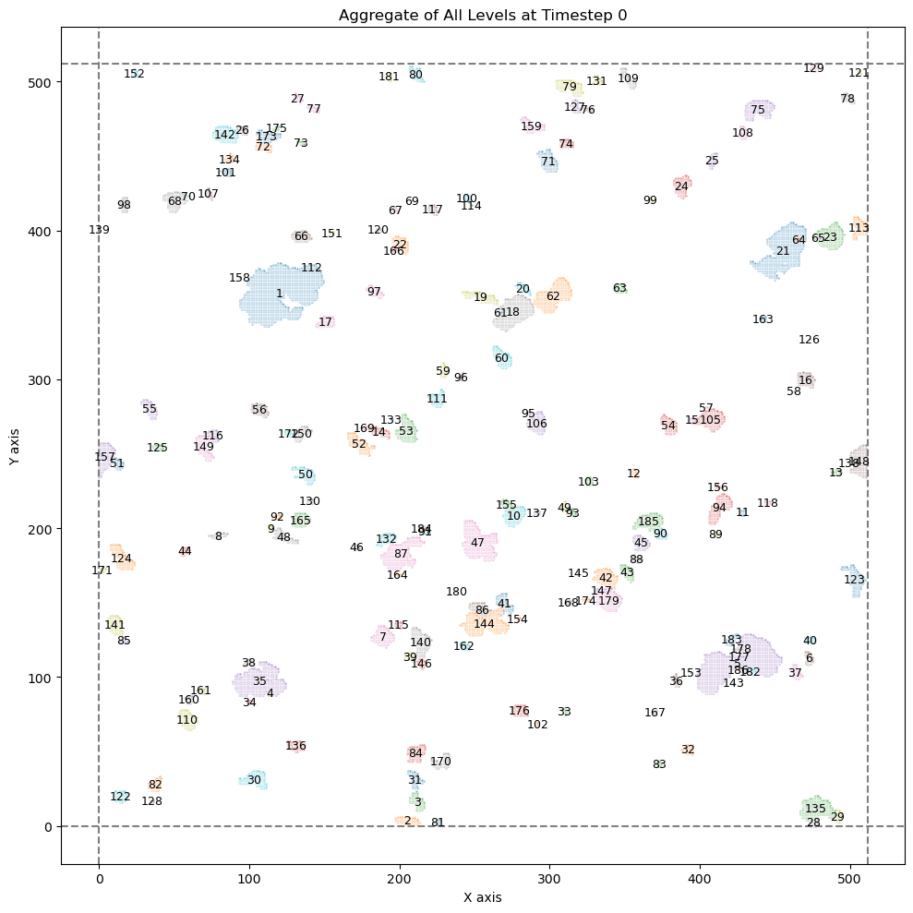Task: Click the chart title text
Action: click(x=483, y=15)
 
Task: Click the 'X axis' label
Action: click(x=483, y=895)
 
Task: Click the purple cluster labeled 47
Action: click(x=480, y=542)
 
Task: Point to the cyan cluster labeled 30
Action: click(x=254, y=780)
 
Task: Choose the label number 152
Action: click(x=135, y=74)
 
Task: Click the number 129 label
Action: click(x=813, y=68)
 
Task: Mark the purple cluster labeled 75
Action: click(x=758, y=110)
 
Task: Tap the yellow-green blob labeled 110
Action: click(x=187, y=719)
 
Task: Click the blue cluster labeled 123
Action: click(x=854, y=580)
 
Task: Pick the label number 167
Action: click(x=655, y=713)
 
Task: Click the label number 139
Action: click(x=99, y=230)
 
